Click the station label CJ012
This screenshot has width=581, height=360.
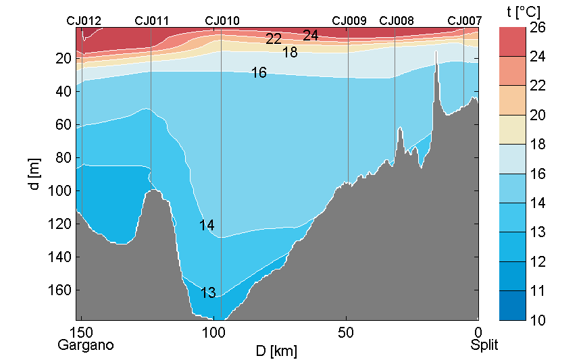[84, 21]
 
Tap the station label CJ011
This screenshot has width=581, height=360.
[152, 21]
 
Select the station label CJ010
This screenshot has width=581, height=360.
[222, 21]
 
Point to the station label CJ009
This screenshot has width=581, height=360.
[349, 21]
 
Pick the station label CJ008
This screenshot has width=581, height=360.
[397, 21]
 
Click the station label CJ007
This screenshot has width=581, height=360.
[465, 21]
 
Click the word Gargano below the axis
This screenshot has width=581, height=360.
[86, 345]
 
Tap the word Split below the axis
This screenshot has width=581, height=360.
[484, 345]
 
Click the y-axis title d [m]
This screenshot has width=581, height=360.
[35, 175]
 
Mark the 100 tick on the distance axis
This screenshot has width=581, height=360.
[213, 332]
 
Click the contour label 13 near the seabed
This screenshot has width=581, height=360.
[208, 293]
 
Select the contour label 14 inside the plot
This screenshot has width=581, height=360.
[207, 226]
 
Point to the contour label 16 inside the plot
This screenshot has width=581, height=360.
[259, 73]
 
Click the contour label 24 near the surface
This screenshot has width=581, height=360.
[311, 36]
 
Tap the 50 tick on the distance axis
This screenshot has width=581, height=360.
[346, 332]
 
